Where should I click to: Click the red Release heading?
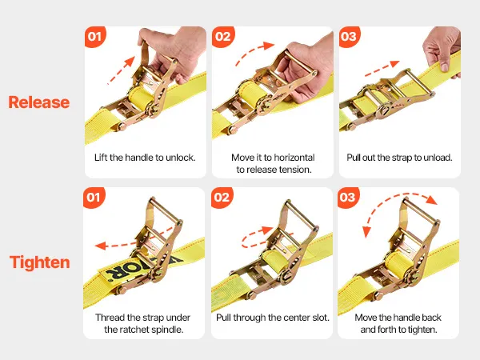(39, 102)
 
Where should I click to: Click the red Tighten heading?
(40, 262)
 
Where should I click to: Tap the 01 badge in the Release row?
(95, 37)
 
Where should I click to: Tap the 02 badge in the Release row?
(223, 37)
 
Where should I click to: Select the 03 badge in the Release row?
(350, 37)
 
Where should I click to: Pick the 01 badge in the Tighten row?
(94, 198)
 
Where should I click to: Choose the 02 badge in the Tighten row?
(222, 198)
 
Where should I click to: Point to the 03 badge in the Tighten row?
(348, 198)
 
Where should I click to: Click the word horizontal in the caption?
(294, 158)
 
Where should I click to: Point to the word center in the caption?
(296, 318)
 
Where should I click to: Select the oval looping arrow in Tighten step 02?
(257, 238)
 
